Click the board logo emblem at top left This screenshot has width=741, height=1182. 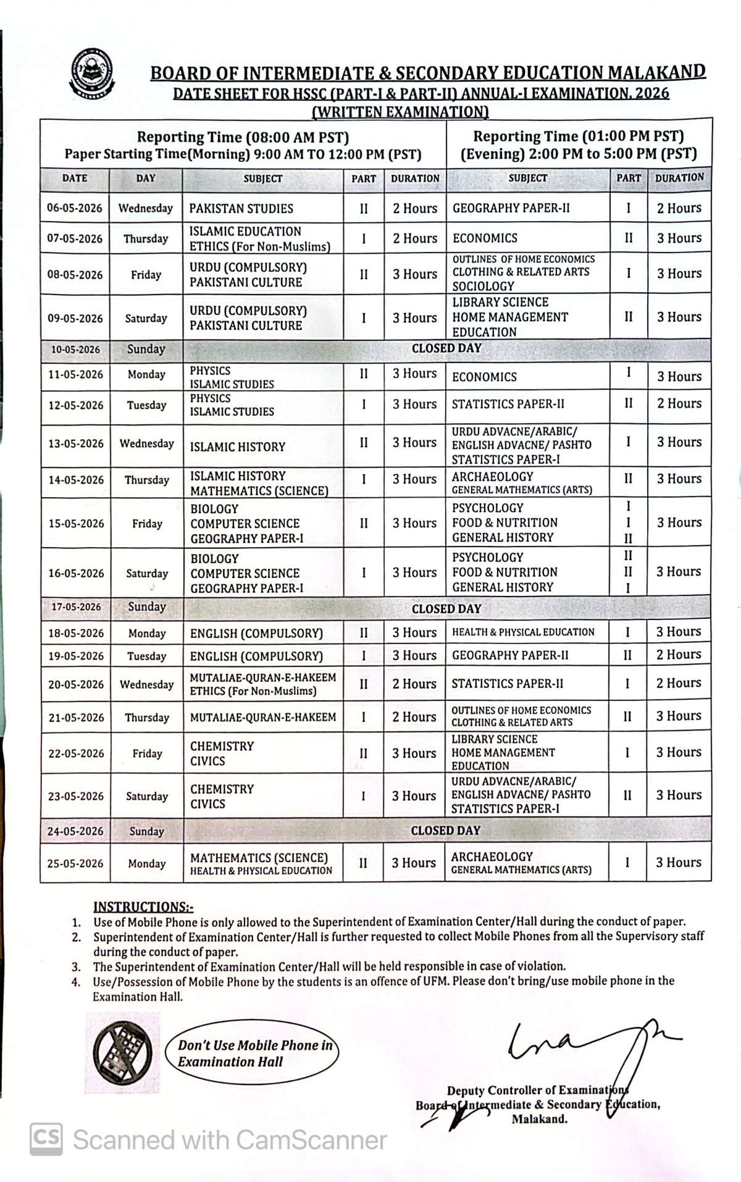click(93, 74)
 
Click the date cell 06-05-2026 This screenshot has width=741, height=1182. click(75, 208)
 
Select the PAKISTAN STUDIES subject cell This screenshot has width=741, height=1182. click(241, 209)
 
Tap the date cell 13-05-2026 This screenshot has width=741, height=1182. click(76, 443)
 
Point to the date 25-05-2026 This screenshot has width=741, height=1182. click(75, 863)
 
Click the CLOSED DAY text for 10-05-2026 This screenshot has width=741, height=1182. click(446, 349)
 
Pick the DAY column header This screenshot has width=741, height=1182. click(146, 178)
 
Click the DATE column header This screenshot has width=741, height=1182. click(75, 178)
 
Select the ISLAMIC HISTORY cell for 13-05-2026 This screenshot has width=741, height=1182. click(238, 446)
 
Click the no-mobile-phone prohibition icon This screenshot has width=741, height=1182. click(123, 1052)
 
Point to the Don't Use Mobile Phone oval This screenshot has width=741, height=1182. click(253, 1054)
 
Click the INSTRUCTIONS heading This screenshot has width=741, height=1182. click(143, 907)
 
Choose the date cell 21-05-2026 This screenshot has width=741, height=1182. click(76, 718)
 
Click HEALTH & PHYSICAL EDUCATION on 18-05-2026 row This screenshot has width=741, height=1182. click(523, 632)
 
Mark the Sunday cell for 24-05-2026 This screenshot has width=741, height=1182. click(147, 831)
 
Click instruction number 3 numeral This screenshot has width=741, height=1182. click(76, 967)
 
